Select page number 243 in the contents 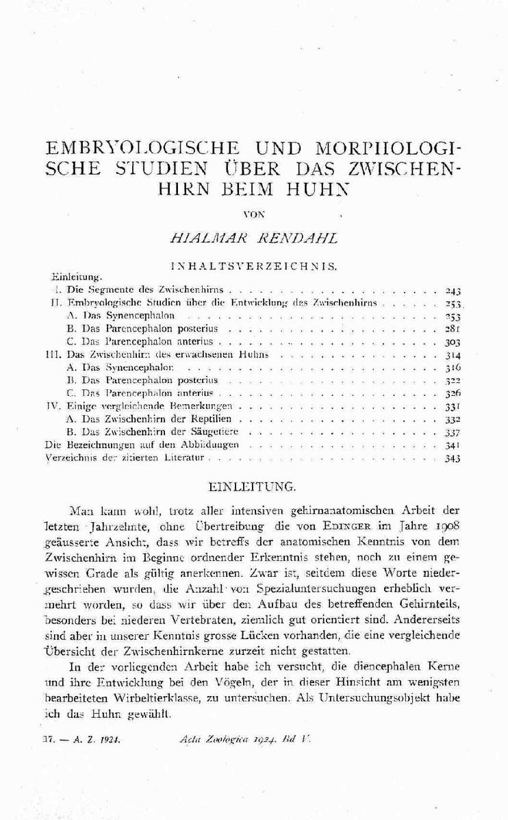(x=453, y=290)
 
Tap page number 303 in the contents (x=453, y=341)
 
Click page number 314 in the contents (x=453, y=355)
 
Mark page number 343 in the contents (x=453, y=458)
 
